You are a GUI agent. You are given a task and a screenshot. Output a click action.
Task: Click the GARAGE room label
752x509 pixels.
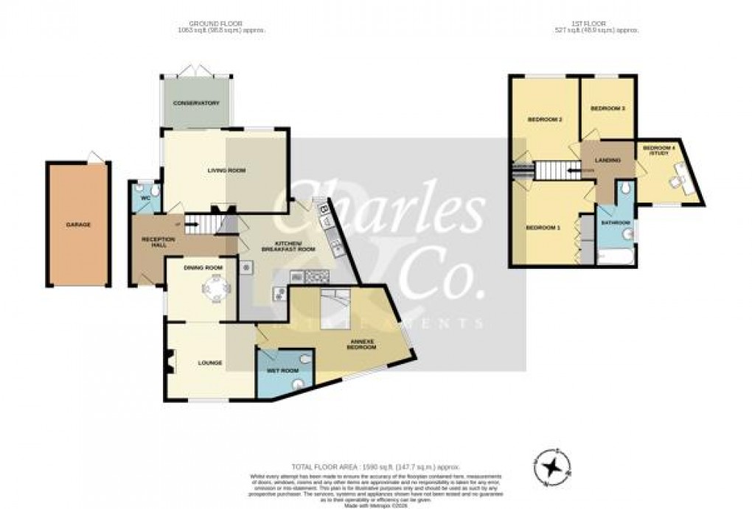tap(78, 224)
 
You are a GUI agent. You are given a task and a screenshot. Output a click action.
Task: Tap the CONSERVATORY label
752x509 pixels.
tap(196, 103)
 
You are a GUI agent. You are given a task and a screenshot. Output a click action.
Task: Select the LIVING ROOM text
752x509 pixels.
tap(226, 170)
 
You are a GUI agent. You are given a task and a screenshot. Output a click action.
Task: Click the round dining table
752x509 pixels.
tap(216, 289)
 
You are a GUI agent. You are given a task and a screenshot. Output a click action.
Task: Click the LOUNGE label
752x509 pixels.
tap(210, 363)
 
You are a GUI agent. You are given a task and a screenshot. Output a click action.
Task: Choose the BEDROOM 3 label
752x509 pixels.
tap(607, 109)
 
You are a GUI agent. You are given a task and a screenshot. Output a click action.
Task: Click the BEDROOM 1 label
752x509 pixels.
tap(543, 228)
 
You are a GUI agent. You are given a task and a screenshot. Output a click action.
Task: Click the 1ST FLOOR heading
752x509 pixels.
tap(596, 24)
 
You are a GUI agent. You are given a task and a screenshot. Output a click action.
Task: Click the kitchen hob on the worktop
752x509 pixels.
tap(316, 277)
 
